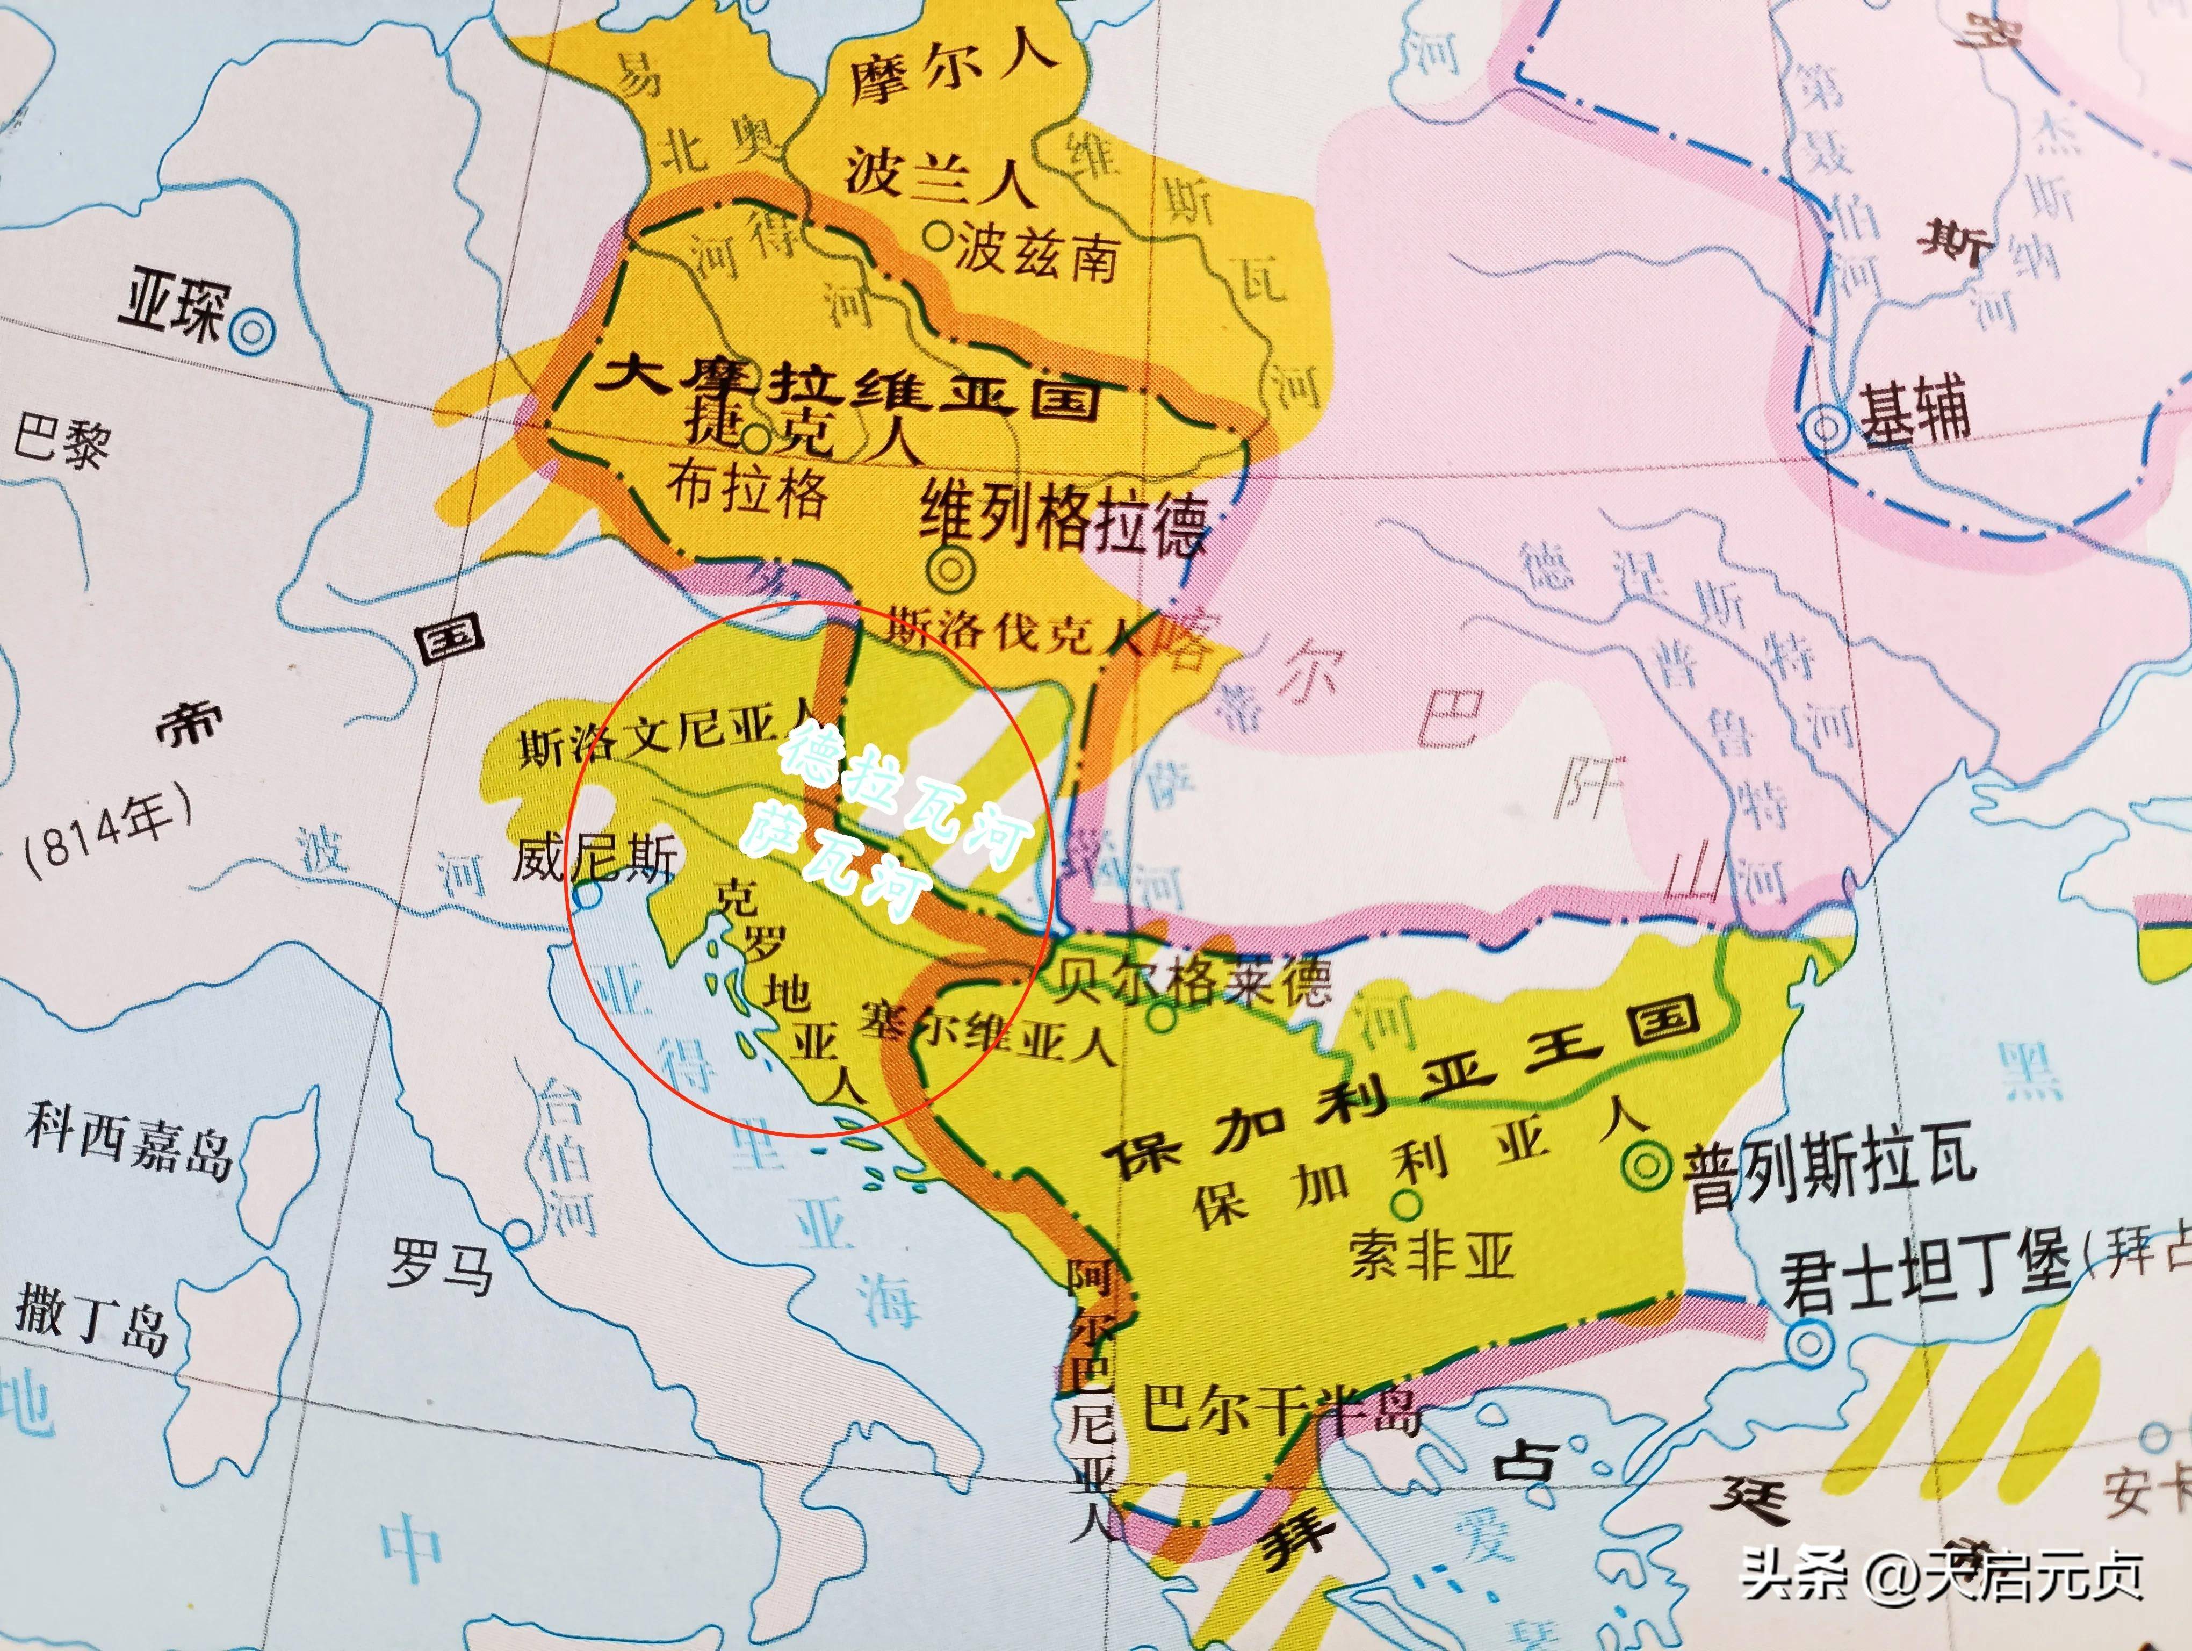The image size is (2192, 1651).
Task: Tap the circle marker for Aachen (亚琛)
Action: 253,331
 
